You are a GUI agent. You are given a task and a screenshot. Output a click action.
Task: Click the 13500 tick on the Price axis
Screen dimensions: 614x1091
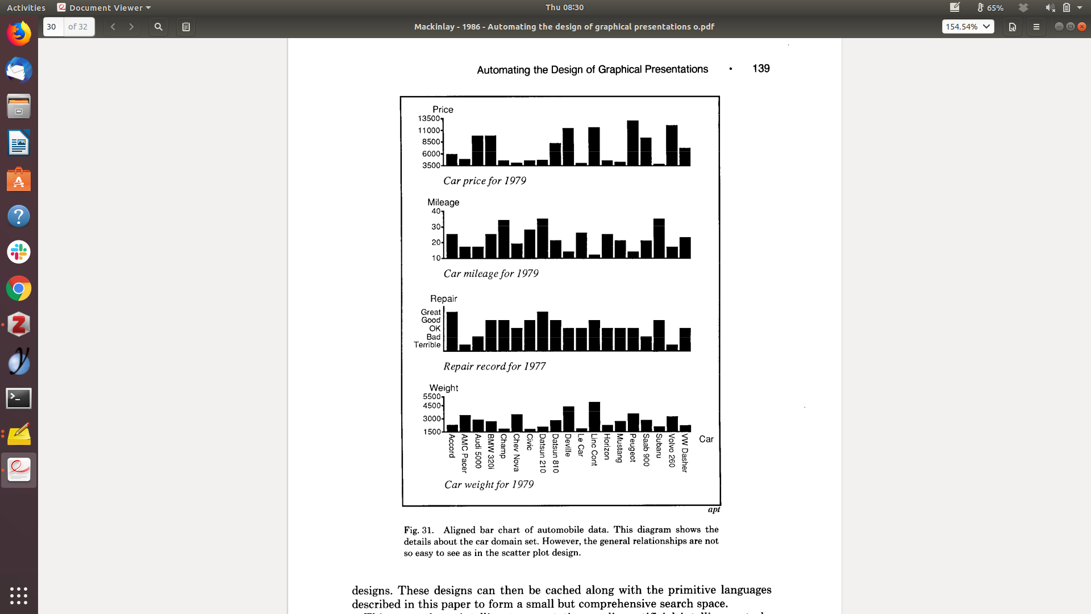(x=429, y=119)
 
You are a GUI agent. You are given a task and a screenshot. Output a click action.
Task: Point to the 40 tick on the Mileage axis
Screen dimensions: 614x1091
(x=436, y=211)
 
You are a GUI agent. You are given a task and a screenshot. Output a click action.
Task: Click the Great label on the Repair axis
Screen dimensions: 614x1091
(x=431, y=312)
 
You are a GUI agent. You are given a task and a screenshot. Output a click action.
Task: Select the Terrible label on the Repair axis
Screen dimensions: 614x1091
(x=427, y=345)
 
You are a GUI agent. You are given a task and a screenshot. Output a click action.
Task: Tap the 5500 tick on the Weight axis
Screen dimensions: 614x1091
(x=432, y=397)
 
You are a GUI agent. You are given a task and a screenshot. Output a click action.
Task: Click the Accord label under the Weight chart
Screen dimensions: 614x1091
(x=452, y=446)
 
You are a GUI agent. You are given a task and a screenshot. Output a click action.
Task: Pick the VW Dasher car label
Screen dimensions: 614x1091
(x=685, y=453)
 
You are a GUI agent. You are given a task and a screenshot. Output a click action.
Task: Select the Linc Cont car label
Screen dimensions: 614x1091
(x=594, y=450)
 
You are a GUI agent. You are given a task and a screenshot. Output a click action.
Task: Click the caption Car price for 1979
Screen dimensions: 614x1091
(x=485, y=181)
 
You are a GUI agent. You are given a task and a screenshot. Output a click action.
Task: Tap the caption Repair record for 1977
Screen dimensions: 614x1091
(x=494, y=367)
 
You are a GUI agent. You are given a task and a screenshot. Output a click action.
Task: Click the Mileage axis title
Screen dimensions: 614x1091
(x=443, y=202)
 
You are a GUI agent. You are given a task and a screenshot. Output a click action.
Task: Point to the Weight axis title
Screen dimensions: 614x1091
(x=444, y=388)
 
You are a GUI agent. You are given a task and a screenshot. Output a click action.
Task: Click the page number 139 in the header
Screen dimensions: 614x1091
(x=761, y=69)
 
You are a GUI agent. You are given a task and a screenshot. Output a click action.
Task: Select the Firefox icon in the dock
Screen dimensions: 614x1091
(x=19, y=34)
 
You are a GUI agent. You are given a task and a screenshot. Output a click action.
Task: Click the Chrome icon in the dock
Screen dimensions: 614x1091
(x=19, y=289)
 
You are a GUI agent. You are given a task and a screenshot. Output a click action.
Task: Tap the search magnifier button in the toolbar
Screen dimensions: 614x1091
(x=159, y=27)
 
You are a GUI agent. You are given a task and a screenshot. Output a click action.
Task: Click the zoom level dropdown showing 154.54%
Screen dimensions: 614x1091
(x=968, y=27)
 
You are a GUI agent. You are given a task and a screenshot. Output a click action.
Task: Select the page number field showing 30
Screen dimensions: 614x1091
(x=53, y=27)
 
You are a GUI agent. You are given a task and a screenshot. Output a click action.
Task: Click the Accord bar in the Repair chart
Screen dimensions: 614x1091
(x=452, y=331)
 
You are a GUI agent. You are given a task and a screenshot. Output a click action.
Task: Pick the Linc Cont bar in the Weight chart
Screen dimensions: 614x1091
(x=594, y=417)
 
